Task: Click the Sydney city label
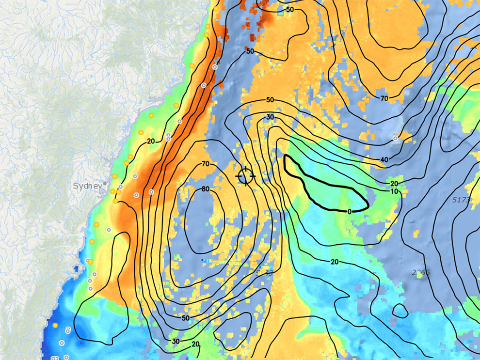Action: (87, 186)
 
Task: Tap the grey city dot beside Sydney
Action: (104, 185)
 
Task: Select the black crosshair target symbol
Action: (246, 176)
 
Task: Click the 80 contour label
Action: (206, 189)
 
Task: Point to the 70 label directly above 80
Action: (205, 164)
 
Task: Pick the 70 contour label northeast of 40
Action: (384, 98)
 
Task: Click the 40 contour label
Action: (384, 159)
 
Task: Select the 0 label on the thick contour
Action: (349, 211)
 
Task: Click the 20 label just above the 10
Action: (394, 184)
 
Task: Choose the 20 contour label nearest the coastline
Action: (150, 141)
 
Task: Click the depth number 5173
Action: (462, 200)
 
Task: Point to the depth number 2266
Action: (420, 272)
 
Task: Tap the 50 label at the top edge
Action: (290, 10)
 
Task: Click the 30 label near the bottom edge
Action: (176, 341)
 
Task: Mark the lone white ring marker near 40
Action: (396, 139)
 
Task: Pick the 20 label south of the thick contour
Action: (335, 262)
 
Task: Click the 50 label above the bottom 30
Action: (185, 318)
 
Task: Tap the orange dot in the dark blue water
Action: (55, 325)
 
